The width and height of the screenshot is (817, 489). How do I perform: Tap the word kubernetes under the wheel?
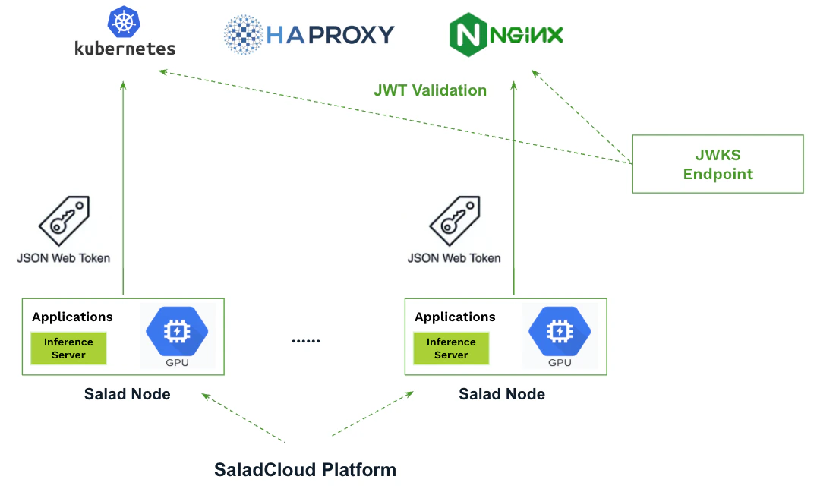(125, 48)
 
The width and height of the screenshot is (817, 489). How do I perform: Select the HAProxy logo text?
(330, 34)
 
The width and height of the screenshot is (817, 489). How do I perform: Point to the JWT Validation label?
(430, 90)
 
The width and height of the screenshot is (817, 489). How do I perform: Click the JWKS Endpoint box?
(718, 164)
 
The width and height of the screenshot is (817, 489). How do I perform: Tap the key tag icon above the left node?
(65, 221)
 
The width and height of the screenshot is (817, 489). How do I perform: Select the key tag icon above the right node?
(455, 221)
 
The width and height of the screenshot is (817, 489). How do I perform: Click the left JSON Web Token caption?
(64, 258)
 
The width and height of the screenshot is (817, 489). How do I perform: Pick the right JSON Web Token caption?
(454, 258)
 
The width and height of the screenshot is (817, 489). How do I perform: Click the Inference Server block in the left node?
(68, 349)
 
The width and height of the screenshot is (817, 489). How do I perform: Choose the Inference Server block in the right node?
(451, 349)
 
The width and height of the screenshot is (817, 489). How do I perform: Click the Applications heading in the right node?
(455, 317)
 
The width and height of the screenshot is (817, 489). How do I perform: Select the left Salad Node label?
(128, 394)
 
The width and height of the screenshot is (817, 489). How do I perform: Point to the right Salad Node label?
(502, 394)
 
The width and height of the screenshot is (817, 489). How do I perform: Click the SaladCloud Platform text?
(305, 469)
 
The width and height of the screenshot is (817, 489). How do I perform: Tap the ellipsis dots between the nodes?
(306, 341)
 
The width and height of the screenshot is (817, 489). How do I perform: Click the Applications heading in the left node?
(72, 317)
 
